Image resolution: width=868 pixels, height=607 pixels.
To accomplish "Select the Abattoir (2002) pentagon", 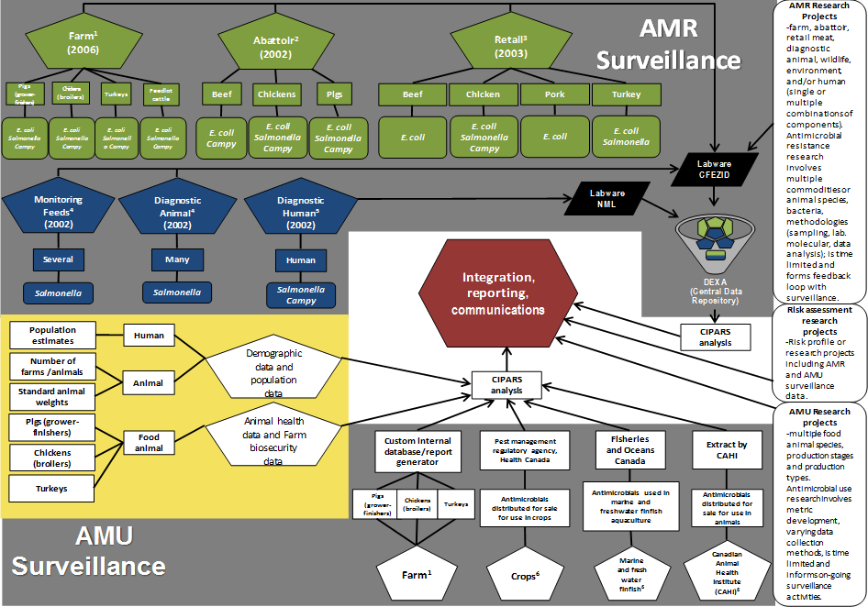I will [276, 46].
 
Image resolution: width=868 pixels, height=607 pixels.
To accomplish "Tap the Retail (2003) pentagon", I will [509, 45].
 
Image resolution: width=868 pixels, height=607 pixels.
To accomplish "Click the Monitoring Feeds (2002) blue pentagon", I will [58, 209].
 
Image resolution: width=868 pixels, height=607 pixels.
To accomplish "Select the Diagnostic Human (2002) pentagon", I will [301, 210].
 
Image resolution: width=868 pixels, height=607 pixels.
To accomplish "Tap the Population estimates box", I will [52, 335].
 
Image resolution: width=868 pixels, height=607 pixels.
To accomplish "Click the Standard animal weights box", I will [52, 397].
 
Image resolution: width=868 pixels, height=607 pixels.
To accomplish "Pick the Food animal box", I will [150, 442].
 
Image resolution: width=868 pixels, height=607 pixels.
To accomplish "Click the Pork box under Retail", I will [555, 94].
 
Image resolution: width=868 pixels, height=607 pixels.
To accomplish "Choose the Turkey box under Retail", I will [627, 94].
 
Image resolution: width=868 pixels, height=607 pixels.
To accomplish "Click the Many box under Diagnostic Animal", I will [178, 259].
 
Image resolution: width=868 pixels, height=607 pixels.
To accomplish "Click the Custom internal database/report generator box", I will [418, 449].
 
